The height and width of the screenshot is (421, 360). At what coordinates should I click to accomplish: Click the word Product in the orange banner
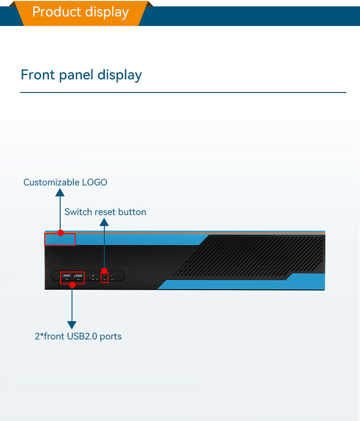(57, 12)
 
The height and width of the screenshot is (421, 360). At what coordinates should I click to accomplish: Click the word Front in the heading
(38, 75)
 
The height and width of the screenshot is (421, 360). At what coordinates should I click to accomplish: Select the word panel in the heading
(76, 75)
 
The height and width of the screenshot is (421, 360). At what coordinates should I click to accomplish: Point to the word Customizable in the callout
(51, 182)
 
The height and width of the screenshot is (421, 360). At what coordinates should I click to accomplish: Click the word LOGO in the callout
(94, 182)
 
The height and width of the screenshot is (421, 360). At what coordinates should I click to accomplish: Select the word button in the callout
(132, 212)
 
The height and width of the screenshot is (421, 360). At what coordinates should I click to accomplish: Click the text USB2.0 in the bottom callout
(82, 336)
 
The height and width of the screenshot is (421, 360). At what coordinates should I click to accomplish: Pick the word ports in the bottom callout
(111, 337)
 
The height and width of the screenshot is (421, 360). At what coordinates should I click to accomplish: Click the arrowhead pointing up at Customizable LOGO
(60, 192)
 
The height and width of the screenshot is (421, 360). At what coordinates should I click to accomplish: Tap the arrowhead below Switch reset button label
(104, 222)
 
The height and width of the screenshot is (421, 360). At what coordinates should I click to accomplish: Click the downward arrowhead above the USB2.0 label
(72, 325)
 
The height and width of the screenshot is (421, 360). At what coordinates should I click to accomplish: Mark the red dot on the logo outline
(61, 233)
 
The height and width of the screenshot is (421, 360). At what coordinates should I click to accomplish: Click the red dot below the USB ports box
(72, 285)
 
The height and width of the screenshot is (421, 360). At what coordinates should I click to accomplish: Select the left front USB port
(67, 277)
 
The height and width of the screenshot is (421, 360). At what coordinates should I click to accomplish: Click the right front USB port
(78, 277)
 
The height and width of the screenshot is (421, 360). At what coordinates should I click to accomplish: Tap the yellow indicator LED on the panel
(93, 276)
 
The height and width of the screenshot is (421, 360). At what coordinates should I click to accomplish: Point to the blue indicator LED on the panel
(97, 276)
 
